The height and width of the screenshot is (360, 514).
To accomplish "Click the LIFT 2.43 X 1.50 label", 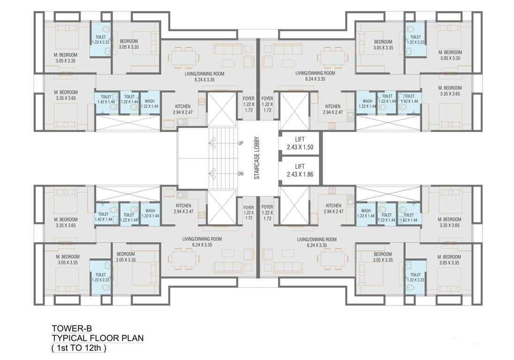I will coord(300,143).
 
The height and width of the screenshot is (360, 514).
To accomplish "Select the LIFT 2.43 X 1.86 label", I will coord(300,170).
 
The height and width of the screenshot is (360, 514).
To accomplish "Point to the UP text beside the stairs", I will coord(241,143).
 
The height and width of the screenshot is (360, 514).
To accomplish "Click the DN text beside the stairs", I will coord(241,174).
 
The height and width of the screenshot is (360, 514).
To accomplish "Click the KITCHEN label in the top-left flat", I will coord(183,109).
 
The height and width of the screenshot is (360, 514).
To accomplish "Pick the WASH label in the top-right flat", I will coord(367,104).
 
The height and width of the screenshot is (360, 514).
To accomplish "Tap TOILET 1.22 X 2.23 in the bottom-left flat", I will coord(100,277).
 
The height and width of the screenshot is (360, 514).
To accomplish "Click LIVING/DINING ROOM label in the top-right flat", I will coord(315,76).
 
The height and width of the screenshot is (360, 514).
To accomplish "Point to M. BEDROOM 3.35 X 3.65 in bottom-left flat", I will coord(66,222).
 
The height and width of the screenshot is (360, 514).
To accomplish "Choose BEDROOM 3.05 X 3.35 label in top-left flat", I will coord(128,44).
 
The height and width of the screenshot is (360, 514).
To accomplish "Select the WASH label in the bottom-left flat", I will coord(150,213).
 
